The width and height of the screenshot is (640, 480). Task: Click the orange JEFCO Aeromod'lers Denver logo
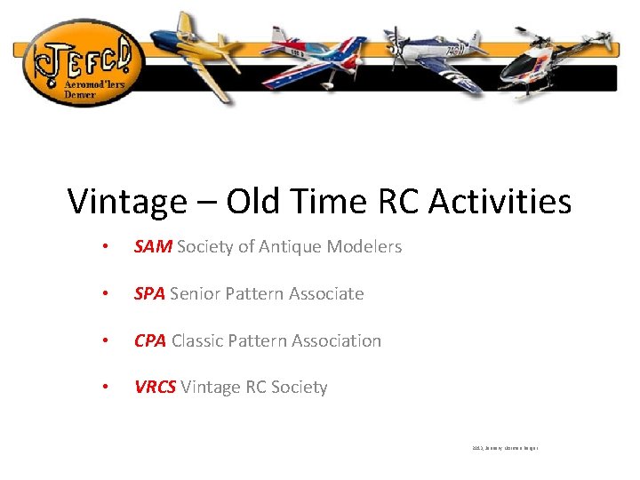tap(79, 60)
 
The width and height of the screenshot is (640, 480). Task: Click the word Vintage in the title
tap(127, 202)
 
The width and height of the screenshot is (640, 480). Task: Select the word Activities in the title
tap(500, 202)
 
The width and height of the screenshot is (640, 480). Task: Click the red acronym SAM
tap(153, 247)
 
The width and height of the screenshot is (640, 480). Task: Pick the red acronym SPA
tap(149, 294)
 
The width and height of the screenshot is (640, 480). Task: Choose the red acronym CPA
tap(150, 341)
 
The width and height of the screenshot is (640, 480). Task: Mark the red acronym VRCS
tap(155, 388)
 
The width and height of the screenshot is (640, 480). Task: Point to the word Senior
tap(196, 294)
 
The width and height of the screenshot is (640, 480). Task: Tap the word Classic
tap(199, 341)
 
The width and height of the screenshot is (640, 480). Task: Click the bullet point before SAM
tap(105, 247)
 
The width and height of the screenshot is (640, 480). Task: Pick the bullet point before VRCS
tap(105, 388)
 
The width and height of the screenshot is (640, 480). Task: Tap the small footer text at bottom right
tap(505, 448)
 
